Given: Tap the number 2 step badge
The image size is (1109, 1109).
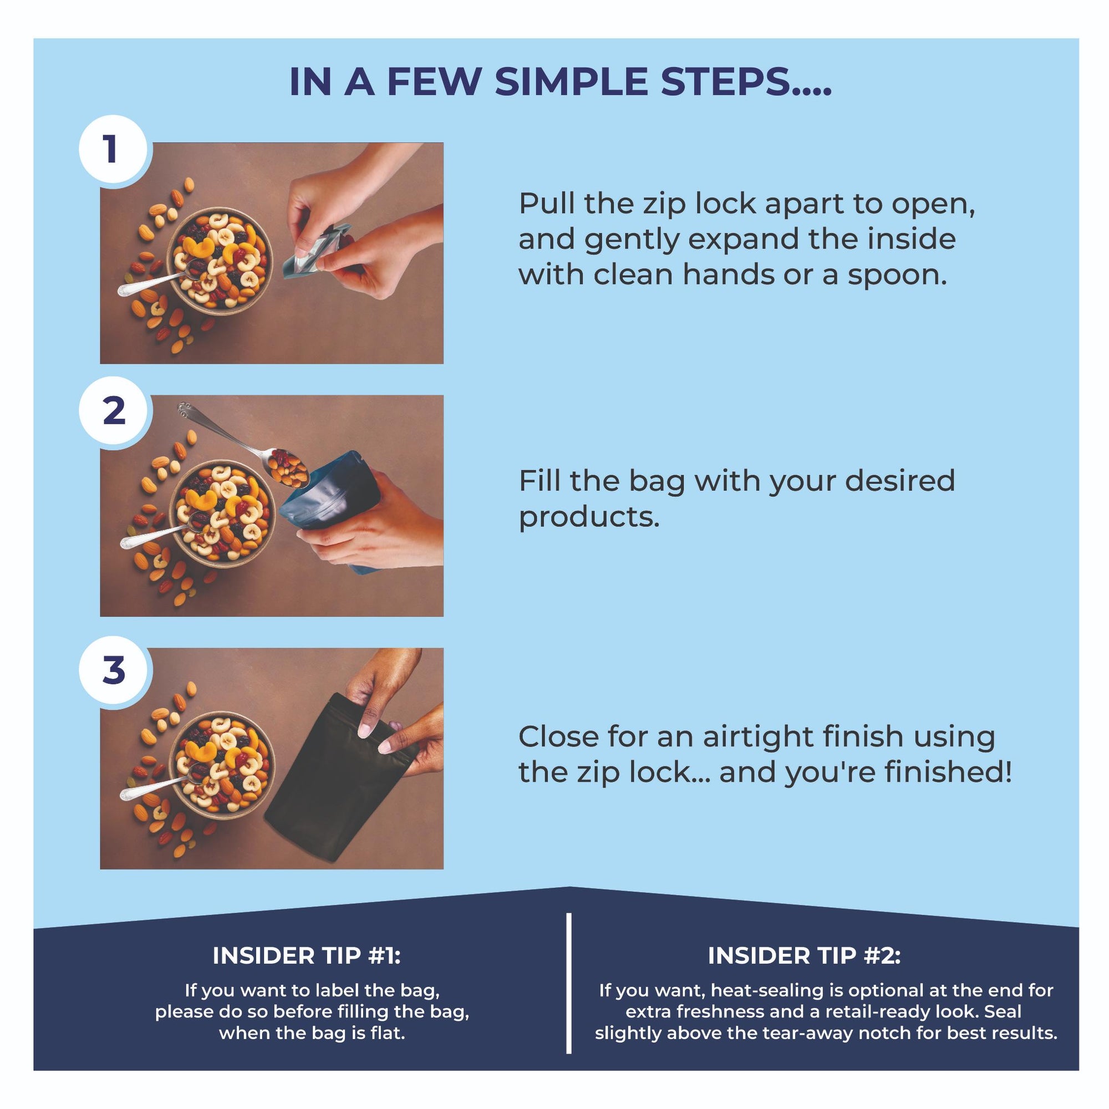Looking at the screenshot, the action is pyautogui.click(x=113, y=411).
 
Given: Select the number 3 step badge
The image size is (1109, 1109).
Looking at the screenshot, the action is pyautogui.click(x=113, y=670).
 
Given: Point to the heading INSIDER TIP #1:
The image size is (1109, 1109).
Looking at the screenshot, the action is pyautogui.click(x=307, y=956).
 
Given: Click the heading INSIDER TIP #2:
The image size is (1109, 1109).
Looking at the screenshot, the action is pyautogui.click(x=804, y=956).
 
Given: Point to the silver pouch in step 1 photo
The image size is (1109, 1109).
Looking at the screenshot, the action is pyautogui.click(x=316, y=251).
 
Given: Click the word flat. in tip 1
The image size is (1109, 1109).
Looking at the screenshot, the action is pyautogui.click(x=387, y=1033).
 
